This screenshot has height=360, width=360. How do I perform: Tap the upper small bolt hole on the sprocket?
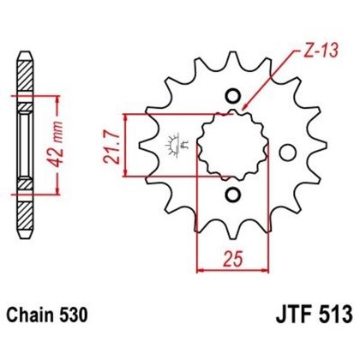tap(230, 95)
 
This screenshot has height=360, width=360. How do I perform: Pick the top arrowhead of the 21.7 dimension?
tap(128, 117)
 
